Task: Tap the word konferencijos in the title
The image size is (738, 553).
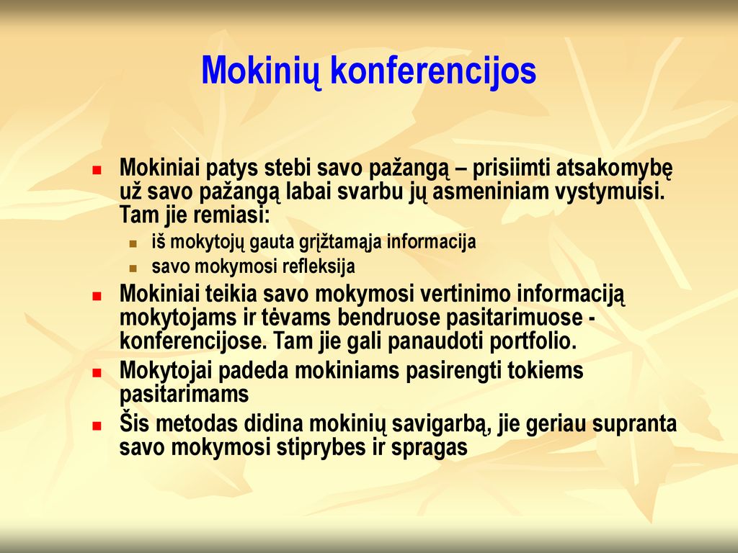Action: click(433, 71)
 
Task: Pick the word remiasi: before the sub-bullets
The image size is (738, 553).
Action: click(231, 215)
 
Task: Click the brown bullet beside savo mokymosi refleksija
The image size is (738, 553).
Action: click(133, 269)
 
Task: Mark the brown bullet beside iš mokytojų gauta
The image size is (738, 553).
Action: click(133, 243)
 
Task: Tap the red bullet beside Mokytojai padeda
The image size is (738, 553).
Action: click(97, 373)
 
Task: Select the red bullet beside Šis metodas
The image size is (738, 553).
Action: click(97, 426)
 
